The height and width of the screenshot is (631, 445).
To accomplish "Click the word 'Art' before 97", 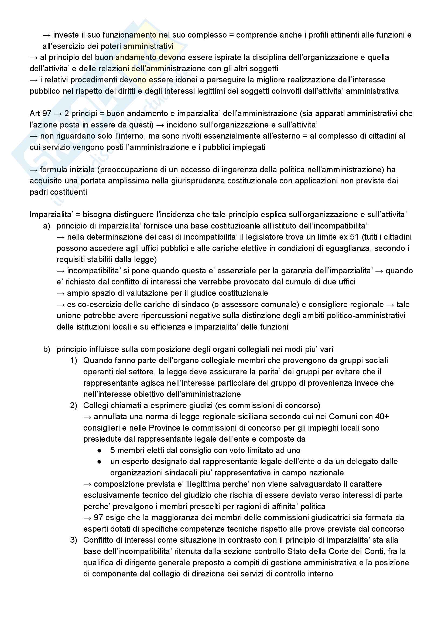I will (x=35, y=113).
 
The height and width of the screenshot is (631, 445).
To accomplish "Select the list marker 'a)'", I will (x=47, y=226).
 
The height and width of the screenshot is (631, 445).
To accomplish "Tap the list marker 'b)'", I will (x=47, y=349).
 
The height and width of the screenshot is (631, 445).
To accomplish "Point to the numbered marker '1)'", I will (x=74, y=360).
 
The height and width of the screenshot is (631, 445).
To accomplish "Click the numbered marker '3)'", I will (x=74, y=540).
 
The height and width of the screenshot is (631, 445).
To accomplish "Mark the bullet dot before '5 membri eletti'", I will (x=99, y=451).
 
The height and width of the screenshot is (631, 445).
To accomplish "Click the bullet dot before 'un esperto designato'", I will (x=99, y=462).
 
